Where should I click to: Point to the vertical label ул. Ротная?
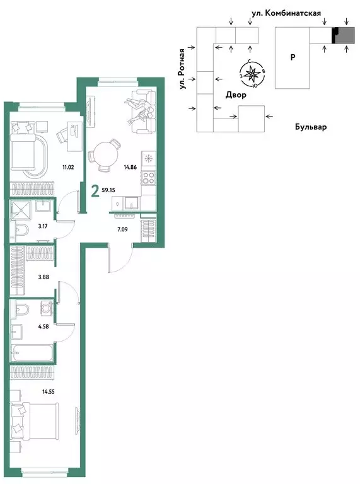point(183,69)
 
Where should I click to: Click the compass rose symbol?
point(252,74)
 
